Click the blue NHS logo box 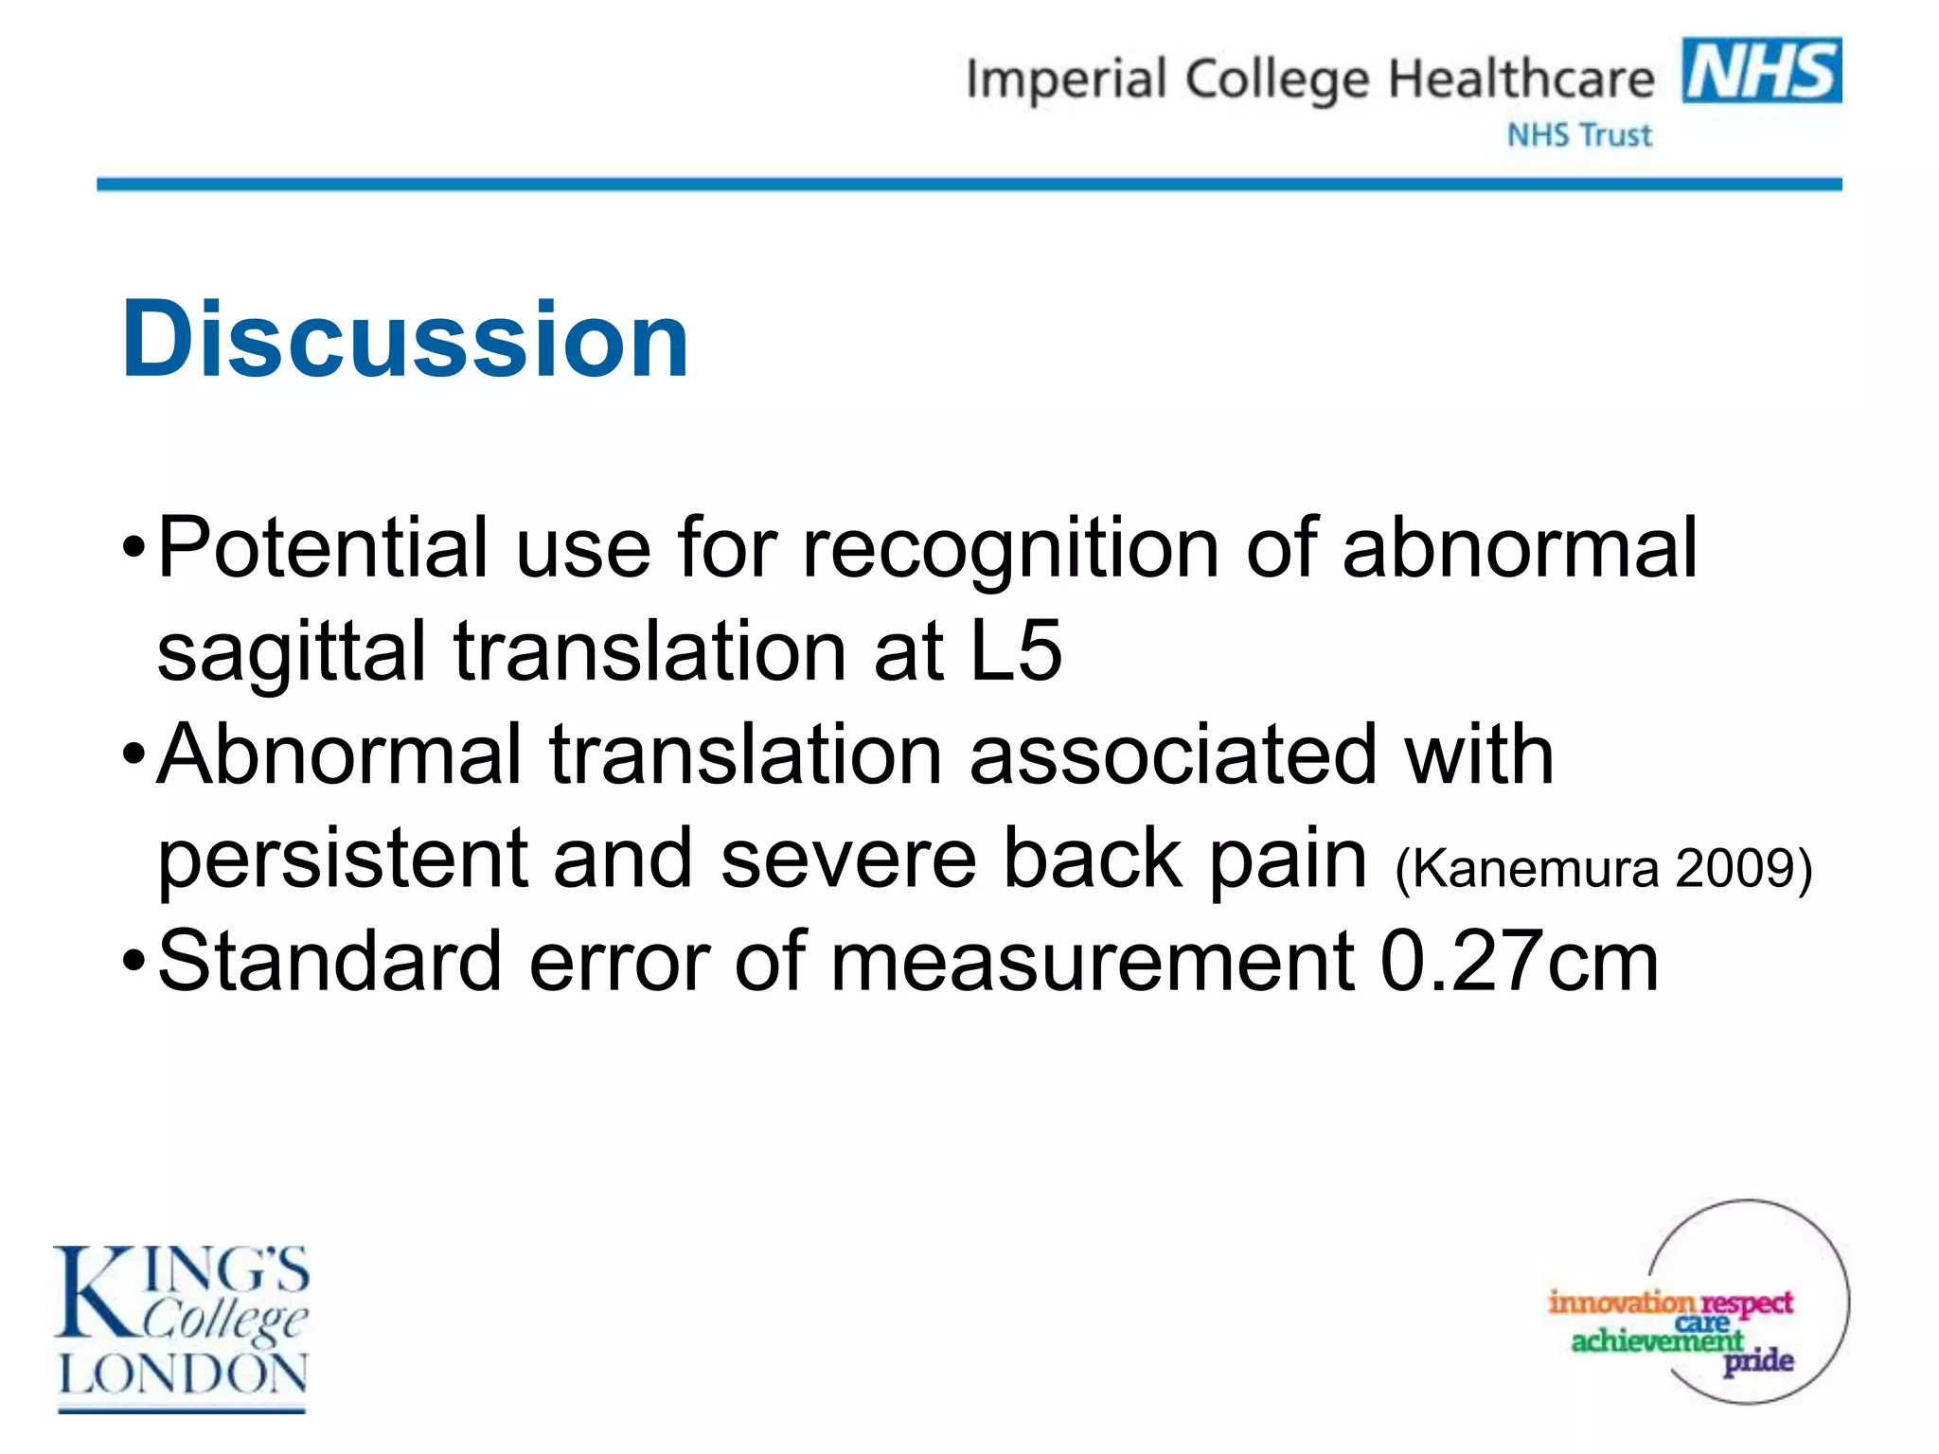[x=1761, y=70]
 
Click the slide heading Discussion [x=405, y=339]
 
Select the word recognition [x=1010, y=549]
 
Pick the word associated [x=1173, y=754]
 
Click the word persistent [x=342, y=859]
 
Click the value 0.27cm [x=1519, y=962]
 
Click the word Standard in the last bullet [x=329, y=962]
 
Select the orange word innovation [x=1620, y=1303]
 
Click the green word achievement [x=1656, y=1340]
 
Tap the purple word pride [x=1758, y=1361]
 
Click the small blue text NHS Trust [x=1579, y=135]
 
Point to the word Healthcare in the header [x=1521, y=79]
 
